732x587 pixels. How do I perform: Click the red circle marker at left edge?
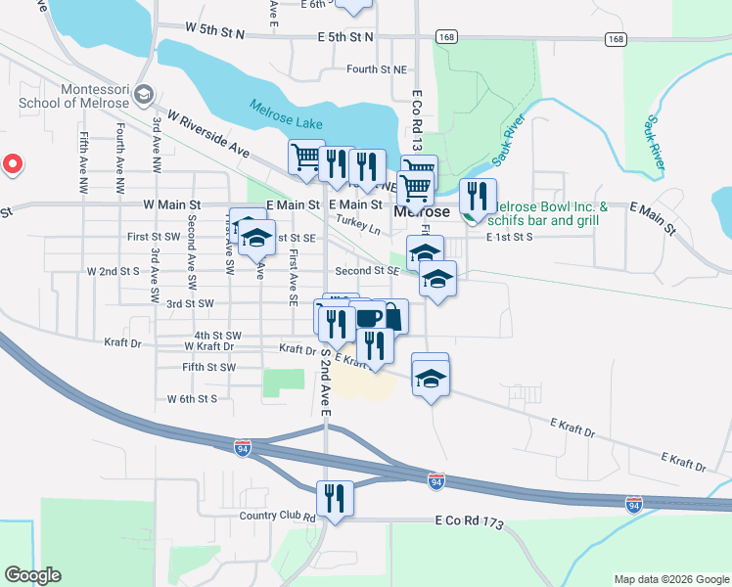(x=12, y=163)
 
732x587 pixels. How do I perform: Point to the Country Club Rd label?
(x=277, y=517)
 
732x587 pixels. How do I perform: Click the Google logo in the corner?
(x=32, y=575)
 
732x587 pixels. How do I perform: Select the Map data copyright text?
(x=669, y=579)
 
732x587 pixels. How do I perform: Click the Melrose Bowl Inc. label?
(x=548, y=207)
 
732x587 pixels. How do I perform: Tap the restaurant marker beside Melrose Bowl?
(x=478, y=197)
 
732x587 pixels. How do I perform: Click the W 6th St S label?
(x=192, y=399)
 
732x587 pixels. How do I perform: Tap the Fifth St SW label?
(x=209, y=368)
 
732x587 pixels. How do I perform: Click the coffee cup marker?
(x=368, y=318)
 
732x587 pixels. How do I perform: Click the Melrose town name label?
(x=422, y=211)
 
